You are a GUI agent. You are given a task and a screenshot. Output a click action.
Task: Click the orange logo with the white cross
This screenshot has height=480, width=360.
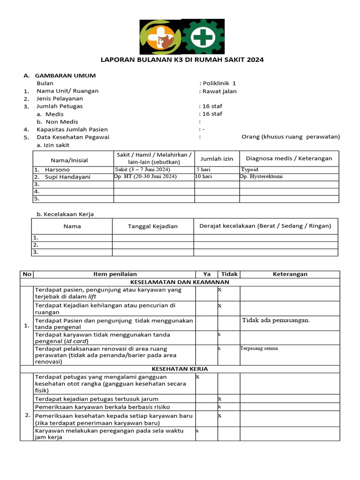coord(159,37)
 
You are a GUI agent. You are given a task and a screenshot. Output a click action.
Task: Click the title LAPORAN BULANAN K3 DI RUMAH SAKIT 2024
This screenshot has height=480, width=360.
coord(183,60)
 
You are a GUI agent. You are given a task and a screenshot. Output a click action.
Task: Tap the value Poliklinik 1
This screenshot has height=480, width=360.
coord(219,83)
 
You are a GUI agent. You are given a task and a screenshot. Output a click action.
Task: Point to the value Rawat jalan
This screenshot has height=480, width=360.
coord(219,91)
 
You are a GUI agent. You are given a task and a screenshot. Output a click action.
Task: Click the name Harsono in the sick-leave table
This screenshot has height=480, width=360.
coord(57,170)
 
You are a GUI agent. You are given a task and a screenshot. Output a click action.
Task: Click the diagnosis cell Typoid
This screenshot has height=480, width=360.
coord(250,170)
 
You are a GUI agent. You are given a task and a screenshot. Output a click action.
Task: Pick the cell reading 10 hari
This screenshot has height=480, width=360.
coord(204,177)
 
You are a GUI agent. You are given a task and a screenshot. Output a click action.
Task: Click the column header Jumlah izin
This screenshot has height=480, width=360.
coord(217,158)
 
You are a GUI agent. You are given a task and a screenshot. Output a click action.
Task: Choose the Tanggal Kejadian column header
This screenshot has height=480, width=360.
coord(153,226)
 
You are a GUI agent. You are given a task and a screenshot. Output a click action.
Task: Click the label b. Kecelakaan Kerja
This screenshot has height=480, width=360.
coord(65,214)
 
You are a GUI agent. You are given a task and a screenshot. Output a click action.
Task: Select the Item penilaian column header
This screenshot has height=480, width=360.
coord(114,274)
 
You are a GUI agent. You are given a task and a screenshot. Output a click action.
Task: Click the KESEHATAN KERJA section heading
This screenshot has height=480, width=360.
coord(180,369)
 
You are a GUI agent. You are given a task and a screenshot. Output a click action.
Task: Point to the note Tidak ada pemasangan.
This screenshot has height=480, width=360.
coord(276,320)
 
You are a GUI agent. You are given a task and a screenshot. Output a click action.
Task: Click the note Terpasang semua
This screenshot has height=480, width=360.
coord(259,348)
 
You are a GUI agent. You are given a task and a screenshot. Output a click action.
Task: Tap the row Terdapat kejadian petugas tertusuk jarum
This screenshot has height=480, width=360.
coord(97,399)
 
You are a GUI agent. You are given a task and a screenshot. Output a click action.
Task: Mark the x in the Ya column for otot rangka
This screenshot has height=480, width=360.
coord(197,376)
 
